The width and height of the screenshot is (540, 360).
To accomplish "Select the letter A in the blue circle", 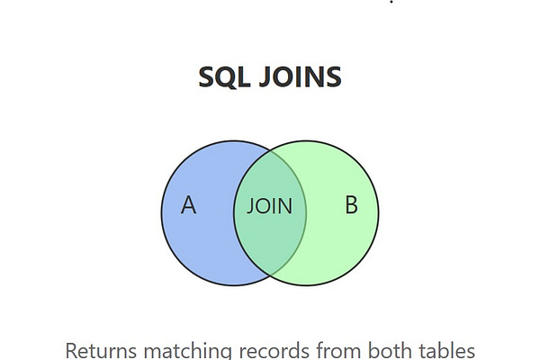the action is [x=188, y=206].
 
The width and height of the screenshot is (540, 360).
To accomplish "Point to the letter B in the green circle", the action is [x=351, y=205].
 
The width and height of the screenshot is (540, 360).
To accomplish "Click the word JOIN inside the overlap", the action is [x=270, y=206].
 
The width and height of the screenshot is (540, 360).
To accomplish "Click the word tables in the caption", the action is [x=441, y=350].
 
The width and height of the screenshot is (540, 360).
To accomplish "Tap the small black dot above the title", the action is [x=391, y=2].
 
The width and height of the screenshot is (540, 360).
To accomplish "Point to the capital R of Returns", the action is [x=73, y=350].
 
